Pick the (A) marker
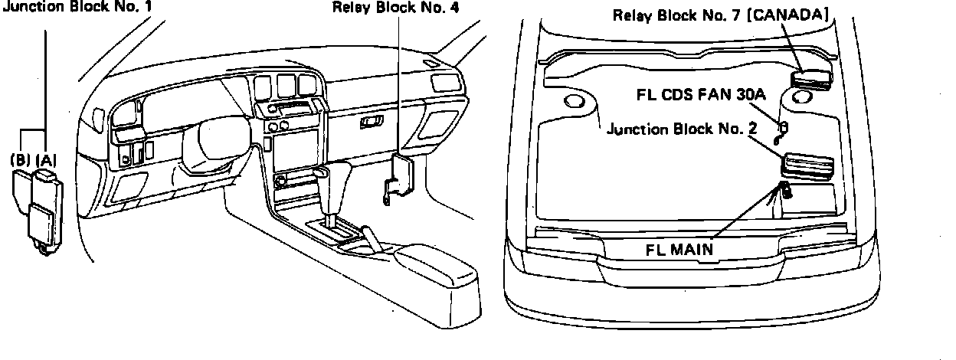pos(46,160)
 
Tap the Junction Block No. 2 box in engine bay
pos(808,165)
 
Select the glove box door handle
pos(373,121)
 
